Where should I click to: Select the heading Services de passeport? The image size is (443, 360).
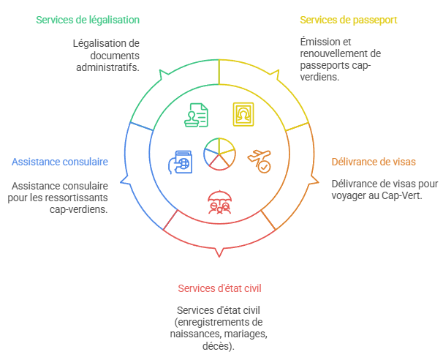coord(348,19)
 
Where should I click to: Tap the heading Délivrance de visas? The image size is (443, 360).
coord(374,161)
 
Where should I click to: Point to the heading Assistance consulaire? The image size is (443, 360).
coord(60,161)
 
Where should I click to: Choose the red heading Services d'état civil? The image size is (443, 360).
coord(219,288)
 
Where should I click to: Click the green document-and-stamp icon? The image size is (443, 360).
coord(195,115)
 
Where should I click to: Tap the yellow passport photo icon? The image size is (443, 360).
coord(243,115)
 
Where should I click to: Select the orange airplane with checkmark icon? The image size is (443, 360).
coord(259,160)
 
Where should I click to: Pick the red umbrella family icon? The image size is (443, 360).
coord(219,200)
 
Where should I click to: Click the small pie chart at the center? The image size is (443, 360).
coord(219,153)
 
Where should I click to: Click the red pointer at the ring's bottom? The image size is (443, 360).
coord(219,253)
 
